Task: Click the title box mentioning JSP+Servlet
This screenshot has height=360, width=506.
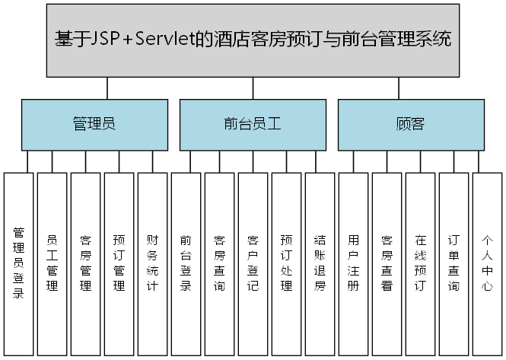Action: [253, 40]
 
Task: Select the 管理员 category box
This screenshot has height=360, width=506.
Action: [94, 124]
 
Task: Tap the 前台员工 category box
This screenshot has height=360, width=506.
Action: [253, 124]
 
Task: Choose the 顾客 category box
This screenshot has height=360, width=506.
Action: [411, 124]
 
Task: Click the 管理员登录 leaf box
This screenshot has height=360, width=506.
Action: [19, 263]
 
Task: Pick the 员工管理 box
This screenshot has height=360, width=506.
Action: [53, 263]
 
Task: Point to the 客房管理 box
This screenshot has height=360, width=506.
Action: [86, 263]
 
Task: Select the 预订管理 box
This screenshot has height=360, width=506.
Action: [119, 263]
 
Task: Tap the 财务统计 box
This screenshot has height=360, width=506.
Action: [153, 263]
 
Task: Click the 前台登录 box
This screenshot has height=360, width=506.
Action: [186, 263]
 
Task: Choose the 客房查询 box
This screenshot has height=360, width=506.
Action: [219, 263]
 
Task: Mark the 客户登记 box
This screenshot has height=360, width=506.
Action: [253, 263]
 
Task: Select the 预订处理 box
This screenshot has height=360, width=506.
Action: [286, 263]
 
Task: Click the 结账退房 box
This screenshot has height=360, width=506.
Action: [320, 263]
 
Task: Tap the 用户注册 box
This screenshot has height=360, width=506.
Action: [353, 263]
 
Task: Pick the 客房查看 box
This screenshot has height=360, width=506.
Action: [387, 263]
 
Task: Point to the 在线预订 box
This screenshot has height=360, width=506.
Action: [420, 263]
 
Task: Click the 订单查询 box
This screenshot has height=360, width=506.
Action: [453, 263]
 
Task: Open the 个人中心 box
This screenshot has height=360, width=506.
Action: [487, 263]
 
